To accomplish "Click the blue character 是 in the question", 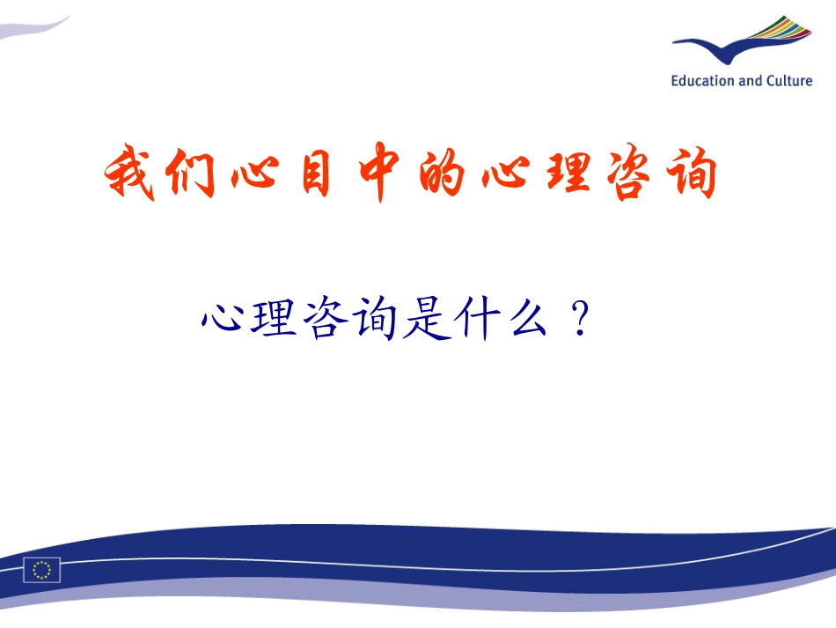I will tap(422, 320).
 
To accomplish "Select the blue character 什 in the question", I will tap(473, 320).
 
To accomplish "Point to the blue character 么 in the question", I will tap(524, 320).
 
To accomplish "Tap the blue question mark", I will tap(577, 321).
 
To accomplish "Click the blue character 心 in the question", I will tap(222, 320).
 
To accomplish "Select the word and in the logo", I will tap(751, 81).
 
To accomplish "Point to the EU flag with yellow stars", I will tap(42, 570).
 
